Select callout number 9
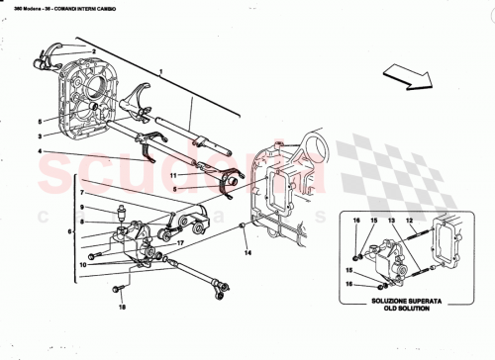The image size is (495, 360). tap(84, 208)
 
